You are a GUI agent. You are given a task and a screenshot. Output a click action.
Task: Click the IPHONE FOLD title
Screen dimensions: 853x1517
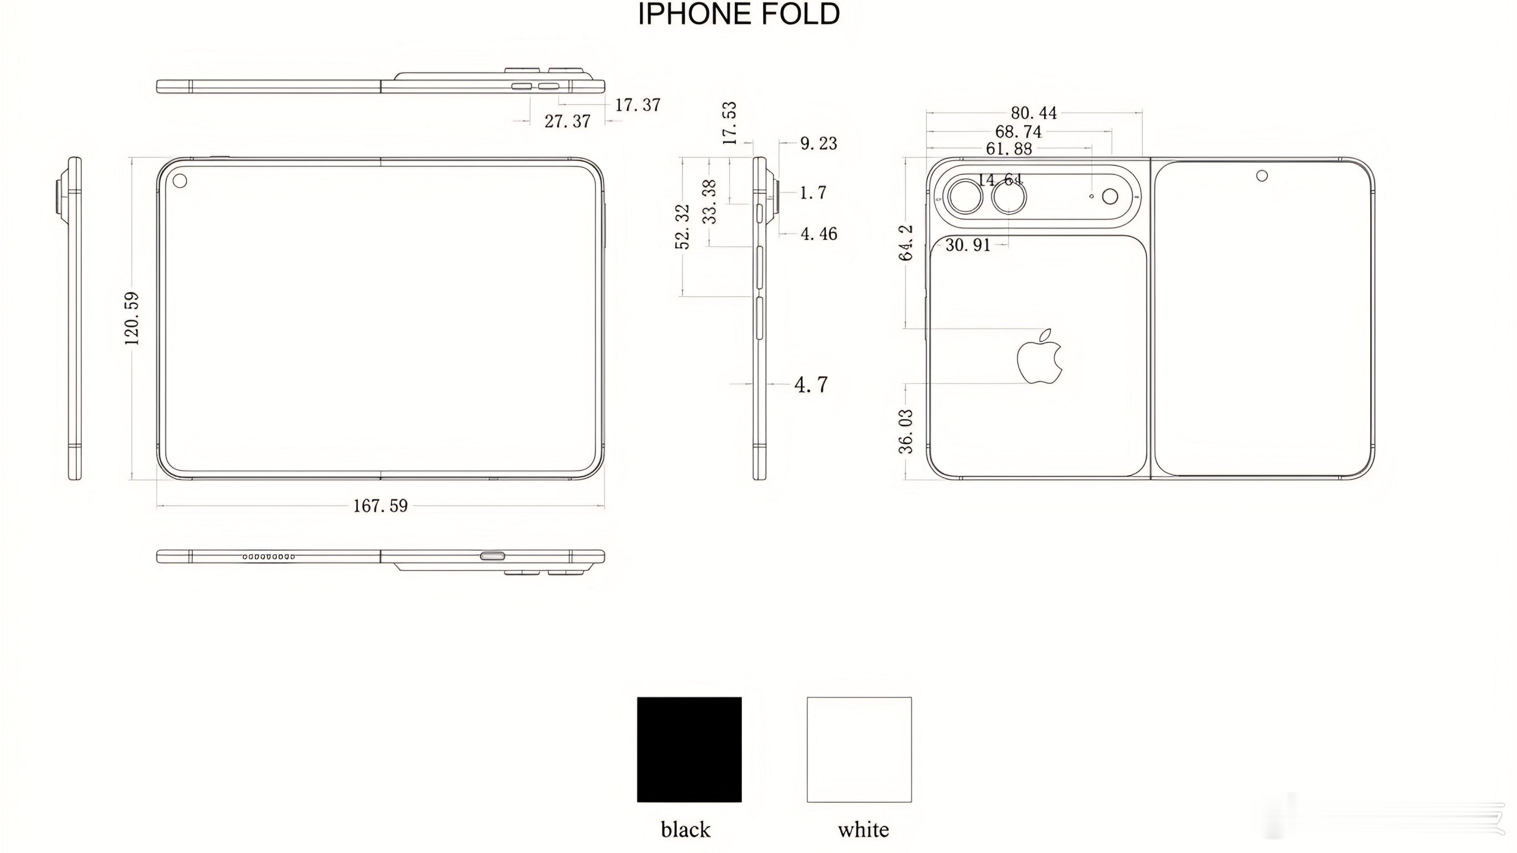739,14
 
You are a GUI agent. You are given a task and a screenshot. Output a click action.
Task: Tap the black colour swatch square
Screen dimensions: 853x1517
689,749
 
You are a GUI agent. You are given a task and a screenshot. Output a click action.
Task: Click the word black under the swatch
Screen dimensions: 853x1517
685,829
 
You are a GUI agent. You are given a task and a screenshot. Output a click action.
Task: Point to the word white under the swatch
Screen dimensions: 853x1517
863,829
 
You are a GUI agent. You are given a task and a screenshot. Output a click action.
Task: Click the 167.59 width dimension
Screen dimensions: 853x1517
380,505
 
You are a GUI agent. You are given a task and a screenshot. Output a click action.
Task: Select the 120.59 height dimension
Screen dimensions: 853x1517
132,318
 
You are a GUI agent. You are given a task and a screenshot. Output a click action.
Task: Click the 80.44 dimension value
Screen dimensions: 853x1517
1034,113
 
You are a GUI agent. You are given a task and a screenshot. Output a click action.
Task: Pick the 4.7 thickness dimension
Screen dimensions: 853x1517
811,385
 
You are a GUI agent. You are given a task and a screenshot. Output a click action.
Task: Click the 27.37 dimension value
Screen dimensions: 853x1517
567,121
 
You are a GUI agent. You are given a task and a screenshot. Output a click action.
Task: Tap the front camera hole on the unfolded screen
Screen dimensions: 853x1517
180,180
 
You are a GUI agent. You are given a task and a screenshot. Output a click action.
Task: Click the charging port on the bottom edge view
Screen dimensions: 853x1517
492,555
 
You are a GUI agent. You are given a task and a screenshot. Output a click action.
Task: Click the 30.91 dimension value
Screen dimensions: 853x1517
967,245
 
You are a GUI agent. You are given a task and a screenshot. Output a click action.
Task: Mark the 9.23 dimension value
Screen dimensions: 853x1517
819,143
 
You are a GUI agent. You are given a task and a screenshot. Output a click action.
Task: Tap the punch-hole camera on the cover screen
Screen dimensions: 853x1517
1262,175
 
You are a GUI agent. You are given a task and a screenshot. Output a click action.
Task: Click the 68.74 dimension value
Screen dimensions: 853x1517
1018,131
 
